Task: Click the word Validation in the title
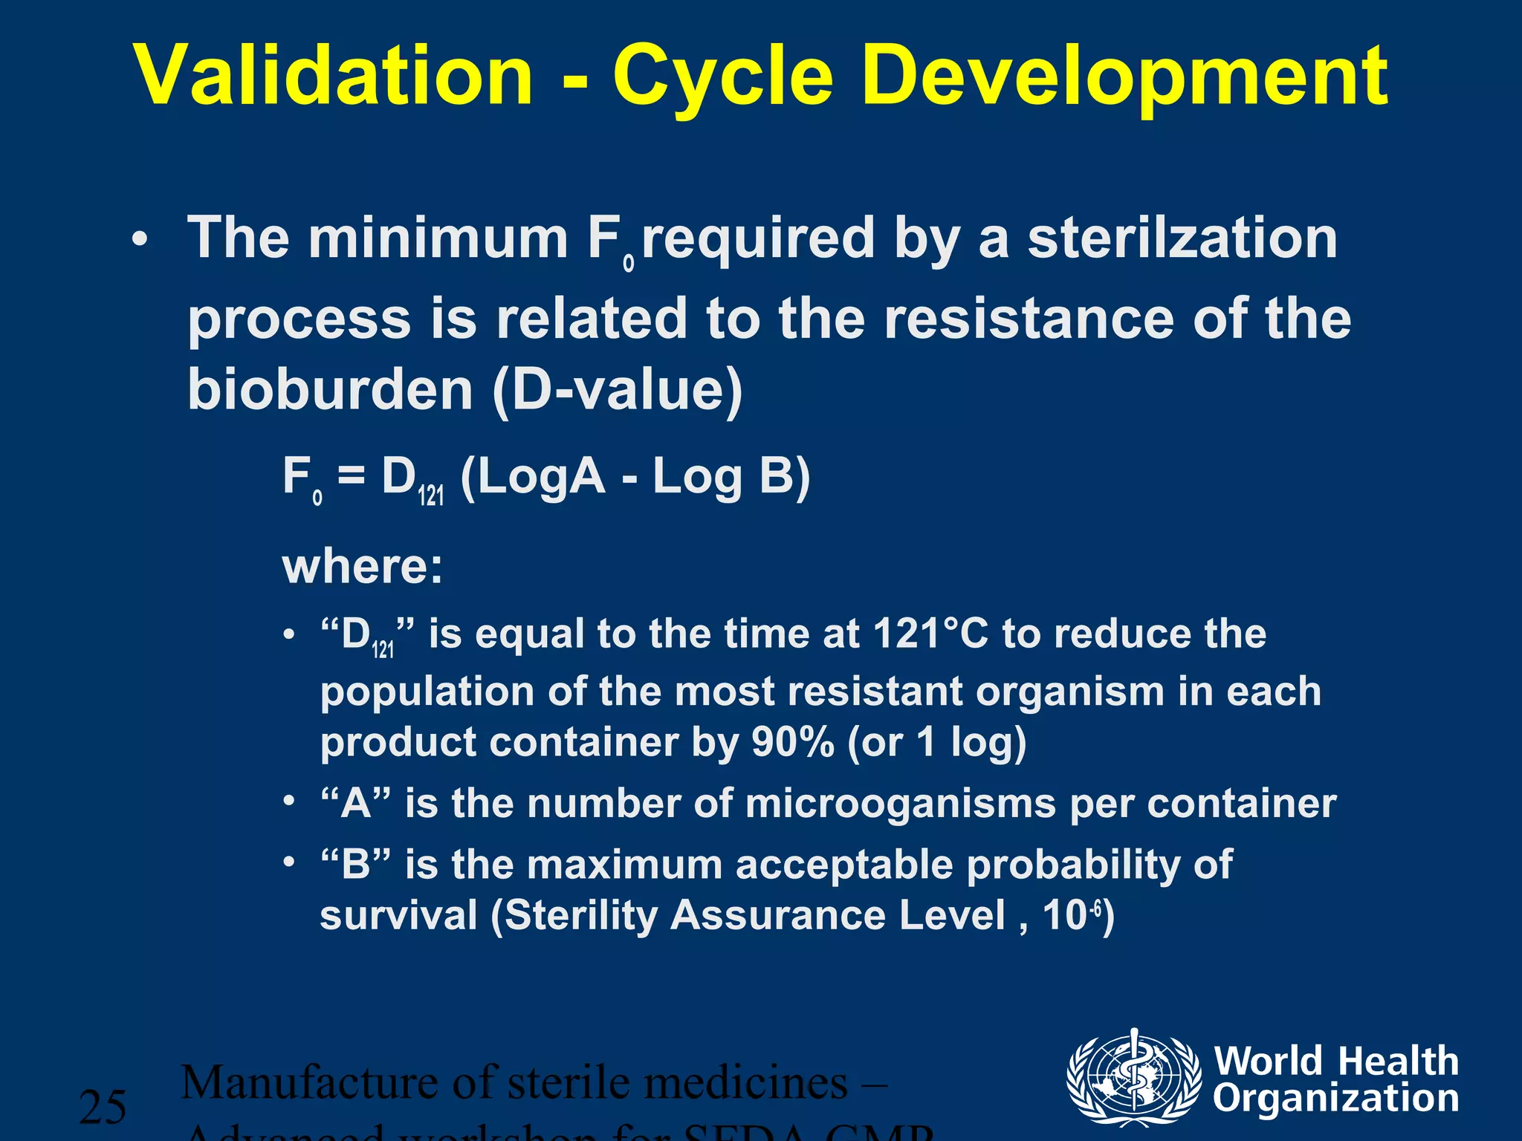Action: point(333,76)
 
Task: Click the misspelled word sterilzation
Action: point(1182,239)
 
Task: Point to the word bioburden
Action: point(330,389)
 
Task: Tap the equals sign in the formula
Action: point(351,476)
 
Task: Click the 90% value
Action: point(792,741)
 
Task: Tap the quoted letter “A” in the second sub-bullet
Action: point(355,804)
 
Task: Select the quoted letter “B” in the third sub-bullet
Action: point(355,865)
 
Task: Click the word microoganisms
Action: point(900,804)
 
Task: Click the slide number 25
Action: point(103,1107)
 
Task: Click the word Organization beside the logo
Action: point(1335,1099)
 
